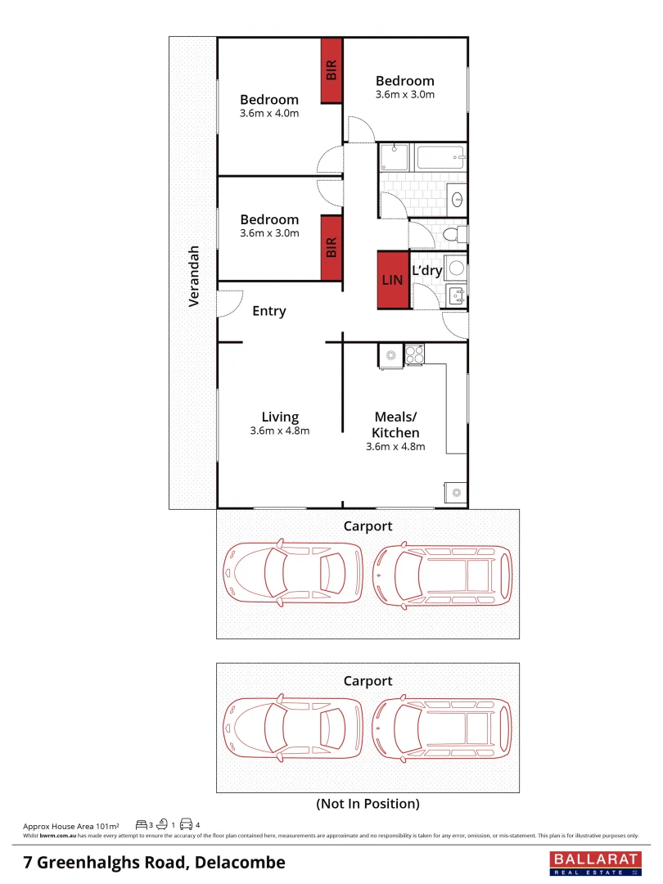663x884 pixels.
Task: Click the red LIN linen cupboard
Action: [392, 280]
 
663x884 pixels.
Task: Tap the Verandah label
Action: [194, 276]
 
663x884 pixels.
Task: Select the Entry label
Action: [268, 311]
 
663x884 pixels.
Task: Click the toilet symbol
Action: [452, 236]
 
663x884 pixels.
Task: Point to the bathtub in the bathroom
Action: [440, 158]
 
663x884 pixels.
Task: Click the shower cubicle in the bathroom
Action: [394, 158]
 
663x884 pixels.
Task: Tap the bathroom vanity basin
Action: [457, 198]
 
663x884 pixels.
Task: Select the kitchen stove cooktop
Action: [415, 354]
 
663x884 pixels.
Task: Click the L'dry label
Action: [426, 270]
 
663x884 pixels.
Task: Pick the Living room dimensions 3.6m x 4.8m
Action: [280, 431]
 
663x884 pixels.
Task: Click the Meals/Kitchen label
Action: [396, 425]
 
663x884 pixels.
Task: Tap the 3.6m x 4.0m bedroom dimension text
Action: [269, 114]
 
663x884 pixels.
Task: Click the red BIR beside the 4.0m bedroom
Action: [331, 70]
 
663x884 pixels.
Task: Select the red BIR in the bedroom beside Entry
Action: [331, 248]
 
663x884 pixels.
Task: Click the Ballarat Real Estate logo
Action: [593, 863]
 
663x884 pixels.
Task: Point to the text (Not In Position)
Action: [368, 804]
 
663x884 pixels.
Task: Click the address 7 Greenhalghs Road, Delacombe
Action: [155, 862]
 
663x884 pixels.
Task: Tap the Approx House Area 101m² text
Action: [71, 825]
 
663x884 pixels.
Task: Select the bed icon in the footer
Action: [141, 824]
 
